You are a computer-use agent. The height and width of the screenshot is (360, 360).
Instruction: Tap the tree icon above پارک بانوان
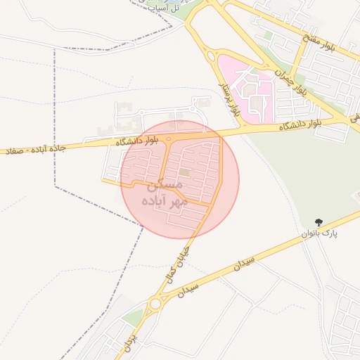pyautogui.click(x=319, y=221)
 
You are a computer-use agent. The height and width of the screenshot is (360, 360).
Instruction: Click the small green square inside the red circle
pyautogui.click(x=184, y=172)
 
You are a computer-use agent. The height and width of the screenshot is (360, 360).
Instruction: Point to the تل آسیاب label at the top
pyautogui.click(x=172, y=6)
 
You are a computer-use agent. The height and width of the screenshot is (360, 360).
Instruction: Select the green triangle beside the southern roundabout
pyautogui.click(x=133, y=317)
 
